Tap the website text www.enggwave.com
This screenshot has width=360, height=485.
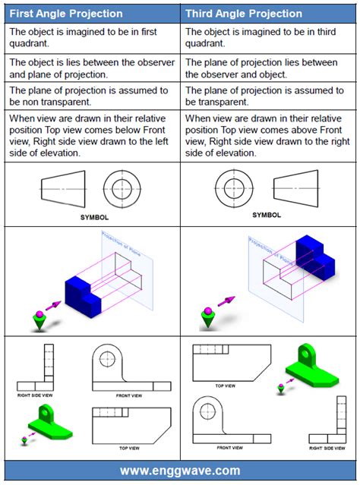(x=180, y=471)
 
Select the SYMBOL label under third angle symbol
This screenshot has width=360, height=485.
(x=267, y=215)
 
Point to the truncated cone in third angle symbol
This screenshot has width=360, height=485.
(x=295, y=184)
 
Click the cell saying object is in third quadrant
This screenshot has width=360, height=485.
(x=269, y=37)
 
